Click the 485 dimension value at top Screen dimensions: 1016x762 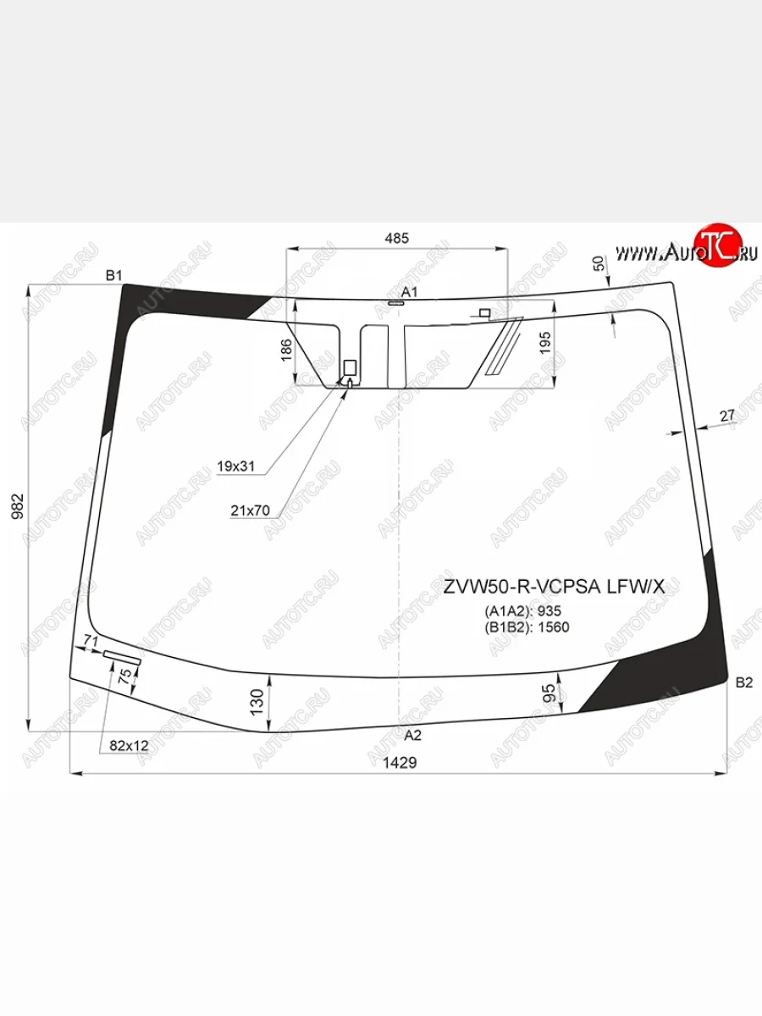[396, 238]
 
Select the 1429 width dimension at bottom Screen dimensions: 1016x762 [400, 762]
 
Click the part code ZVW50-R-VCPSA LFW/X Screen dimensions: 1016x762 [560, 587]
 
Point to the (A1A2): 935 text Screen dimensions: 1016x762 [522, 611]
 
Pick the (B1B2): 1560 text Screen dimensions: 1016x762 [527, 627]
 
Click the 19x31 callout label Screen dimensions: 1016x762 [236, 467]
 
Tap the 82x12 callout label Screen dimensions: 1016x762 [129, 746]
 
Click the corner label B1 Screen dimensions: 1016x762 [114, 275]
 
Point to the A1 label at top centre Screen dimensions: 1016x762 [410, 292]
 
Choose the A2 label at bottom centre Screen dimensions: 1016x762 [412, 735]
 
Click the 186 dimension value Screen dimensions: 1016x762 [285, 348]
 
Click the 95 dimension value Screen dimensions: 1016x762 [549, 693]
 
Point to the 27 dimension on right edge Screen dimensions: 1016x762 [727, 415]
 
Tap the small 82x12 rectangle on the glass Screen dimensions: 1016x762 [121, 655]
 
